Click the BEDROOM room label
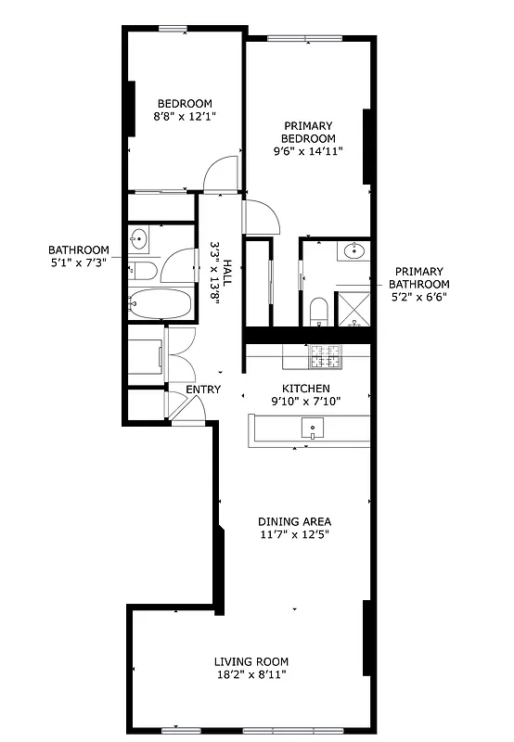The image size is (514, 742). coord(185,103)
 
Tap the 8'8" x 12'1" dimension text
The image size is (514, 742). coord(185,118)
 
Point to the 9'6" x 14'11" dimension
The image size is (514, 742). coord(309,151)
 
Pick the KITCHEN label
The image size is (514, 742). coord(306,389)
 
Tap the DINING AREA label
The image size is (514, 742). coord(294,521)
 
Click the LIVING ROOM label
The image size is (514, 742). coord(251,661)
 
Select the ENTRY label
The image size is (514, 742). coord(203,390)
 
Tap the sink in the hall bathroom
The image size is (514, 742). coord(139,238)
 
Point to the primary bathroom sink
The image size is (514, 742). coord(353,250)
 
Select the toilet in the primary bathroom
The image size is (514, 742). coord(318,311)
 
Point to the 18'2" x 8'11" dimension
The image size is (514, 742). coord(251,676)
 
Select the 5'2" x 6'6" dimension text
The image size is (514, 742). coord(419,298)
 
